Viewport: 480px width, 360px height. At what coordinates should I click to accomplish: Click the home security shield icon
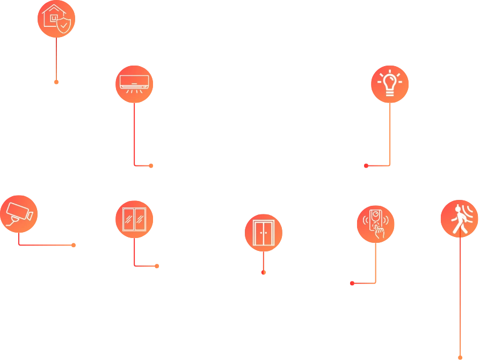coord(56,18)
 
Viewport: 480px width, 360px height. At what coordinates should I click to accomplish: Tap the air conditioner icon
coord(134,83)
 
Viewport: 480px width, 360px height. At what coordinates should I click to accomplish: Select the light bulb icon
coord(389,84)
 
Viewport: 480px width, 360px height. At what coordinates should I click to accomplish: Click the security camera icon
coord(18,213)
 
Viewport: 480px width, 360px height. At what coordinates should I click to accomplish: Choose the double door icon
coord(264,233)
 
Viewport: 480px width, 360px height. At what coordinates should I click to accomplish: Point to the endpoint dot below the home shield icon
coord(56,82)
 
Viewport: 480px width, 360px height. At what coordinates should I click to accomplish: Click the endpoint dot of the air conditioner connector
coord(151,167)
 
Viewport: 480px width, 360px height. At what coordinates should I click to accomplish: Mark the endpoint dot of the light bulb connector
coord(365,167)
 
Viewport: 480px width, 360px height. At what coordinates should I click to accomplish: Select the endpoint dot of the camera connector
coord(74,246)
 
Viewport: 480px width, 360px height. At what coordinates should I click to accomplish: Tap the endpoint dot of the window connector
coord(158,265)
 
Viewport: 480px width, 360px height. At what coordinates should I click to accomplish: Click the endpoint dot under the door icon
coord(263,272)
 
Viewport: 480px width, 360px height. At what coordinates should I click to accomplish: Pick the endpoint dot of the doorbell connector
coord(352,283)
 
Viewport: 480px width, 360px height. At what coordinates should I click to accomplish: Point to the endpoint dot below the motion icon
coord(460,356)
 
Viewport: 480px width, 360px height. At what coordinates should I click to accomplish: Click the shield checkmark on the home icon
coord(64,25)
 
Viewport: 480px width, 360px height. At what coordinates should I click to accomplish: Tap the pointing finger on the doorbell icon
coord(380,231)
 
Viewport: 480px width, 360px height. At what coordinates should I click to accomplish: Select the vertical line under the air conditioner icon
coord(134,134)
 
